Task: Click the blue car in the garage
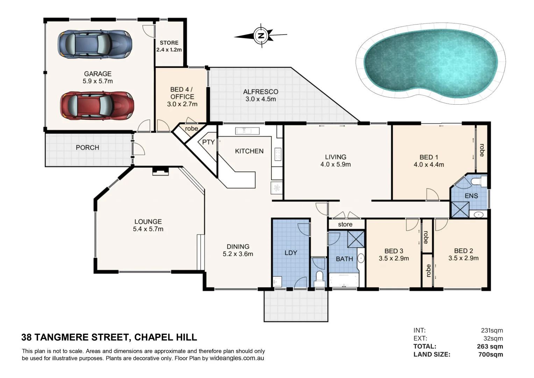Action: coord(95,44)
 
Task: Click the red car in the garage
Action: coord(97,106)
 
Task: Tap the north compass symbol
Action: coord(261,35)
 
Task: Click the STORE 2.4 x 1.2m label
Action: coord(169,46)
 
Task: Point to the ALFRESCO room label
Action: coord(261,92)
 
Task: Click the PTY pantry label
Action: coord(208,142)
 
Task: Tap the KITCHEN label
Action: coord(249,151)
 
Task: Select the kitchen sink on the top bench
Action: coord(247,131)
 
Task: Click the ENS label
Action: coord(471,196)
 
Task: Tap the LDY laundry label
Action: coord(291,253)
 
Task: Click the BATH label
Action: coord(344,259)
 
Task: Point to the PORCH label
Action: coord(87,148)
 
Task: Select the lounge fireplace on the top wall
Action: coord(161,171)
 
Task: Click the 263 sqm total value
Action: coord(490,346)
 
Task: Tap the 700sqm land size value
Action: coord(490,355)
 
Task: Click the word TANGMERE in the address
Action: coord(81,337)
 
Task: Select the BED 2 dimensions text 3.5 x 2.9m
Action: coord(463,258)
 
